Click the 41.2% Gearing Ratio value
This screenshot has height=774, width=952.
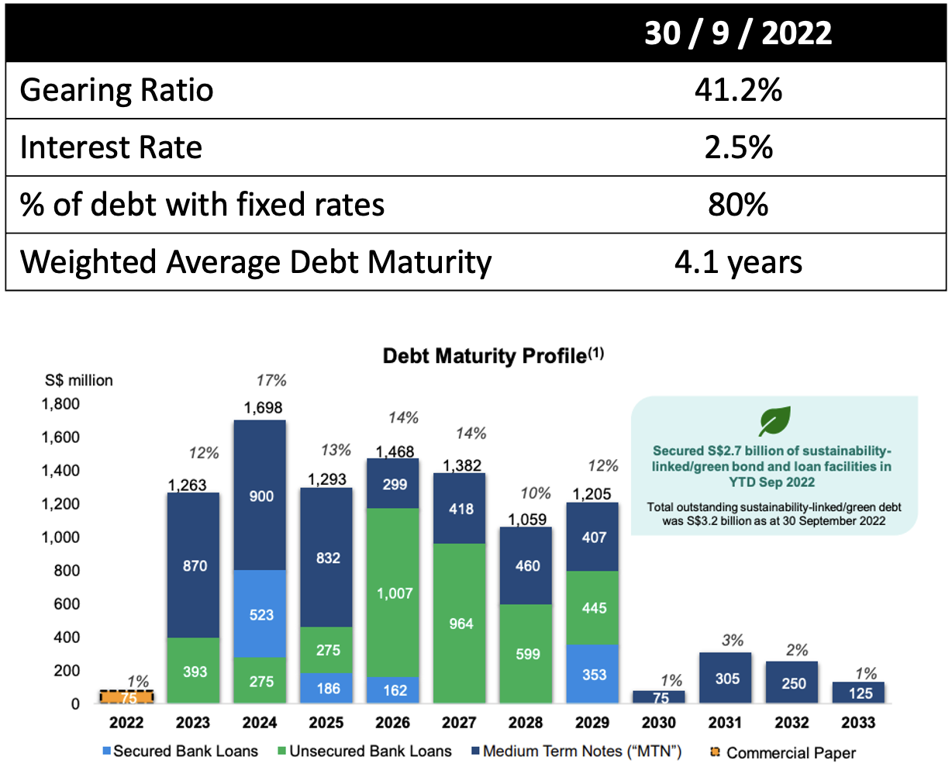coord(738,90)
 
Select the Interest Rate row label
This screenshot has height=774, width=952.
coord(111,147)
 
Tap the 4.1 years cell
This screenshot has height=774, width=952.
coord(738,262)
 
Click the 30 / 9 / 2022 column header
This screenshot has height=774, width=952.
coord(738,33)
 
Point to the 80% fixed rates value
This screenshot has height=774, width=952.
coord(738,205)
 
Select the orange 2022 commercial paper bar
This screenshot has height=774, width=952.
coord(127,697)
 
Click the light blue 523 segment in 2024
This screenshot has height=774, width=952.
coord(261,613)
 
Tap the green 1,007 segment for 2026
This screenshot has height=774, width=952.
coord(395,593)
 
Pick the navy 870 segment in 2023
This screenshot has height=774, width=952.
coord(195,565)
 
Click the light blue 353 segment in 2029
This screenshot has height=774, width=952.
coord(594,674)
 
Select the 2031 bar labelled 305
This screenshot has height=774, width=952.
coord(726,678)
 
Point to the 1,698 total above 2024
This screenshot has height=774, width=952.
coord(263,408)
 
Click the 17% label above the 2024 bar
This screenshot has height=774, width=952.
coord(271,380)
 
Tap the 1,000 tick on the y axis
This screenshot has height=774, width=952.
coord(60,537)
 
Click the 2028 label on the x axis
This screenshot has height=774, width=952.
coord(526,723)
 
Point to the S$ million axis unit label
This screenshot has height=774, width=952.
coord(78,380)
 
